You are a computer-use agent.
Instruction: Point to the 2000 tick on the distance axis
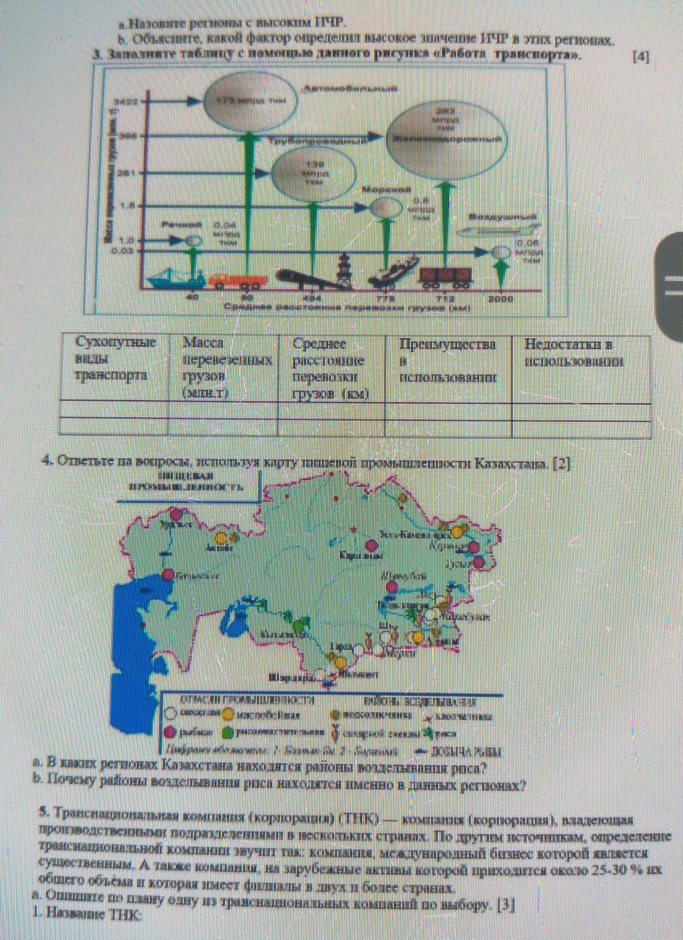pos(500,299)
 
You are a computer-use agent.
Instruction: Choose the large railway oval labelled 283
pos(444,138)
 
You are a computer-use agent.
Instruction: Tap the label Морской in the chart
pos(386,190)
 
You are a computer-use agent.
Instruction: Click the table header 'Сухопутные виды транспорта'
pos(114,359)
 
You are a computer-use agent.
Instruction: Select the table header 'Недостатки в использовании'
pos(574,353)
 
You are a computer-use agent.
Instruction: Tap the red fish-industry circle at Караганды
pos(372,545)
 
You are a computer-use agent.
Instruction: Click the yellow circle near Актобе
pos(221,538)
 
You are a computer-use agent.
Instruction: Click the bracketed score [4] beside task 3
pos(640,57)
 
